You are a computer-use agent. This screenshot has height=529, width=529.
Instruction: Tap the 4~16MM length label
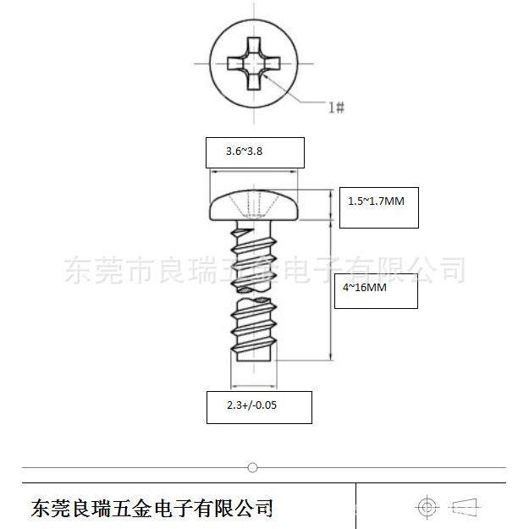(x=365, y=288)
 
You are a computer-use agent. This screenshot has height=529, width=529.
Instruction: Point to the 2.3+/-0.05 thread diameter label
(x=251, y=405)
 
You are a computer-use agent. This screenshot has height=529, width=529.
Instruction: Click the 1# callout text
(x=336, y=107)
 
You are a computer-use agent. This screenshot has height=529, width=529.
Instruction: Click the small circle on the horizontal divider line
(x=251, y=467)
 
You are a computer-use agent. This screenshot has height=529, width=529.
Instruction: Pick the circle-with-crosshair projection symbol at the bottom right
(x=427, y=507)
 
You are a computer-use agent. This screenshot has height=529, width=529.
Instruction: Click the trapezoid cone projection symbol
(x=466, y=507)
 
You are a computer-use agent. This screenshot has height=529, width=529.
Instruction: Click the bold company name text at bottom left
(x=152, y=508)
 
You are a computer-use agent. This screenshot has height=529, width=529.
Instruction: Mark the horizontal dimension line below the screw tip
(x=254, y=383)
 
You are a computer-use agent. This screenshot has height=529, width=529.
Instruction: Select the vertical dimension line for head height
(x=331, y=206)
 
